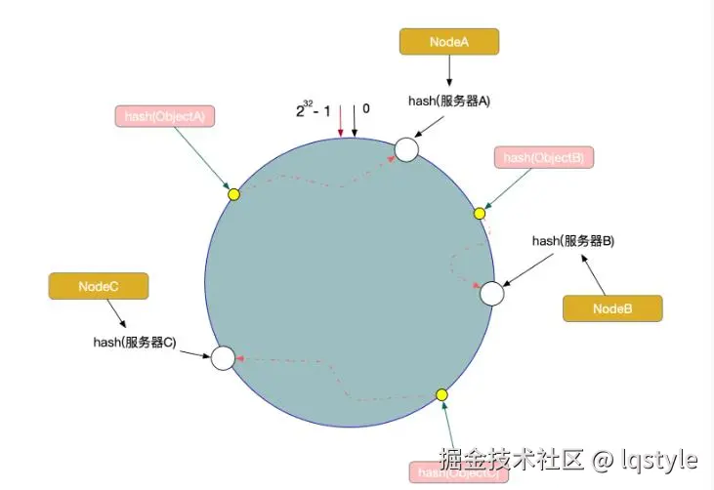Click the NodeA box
pyautogui.click(x=449, y=41)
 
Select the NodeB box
pyautogui.click(x=612, y=308)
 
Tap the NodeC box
pyautogui.click(x=99, y=286)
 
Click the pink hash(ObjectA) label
pyautogui.click(x=165, y=116)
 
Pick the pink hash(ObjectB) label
pyautogui.click(x=544, y=157)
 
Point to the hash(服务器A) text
pyautogui.click(x=448, y=101)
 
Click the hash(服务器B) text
pyautogui.click(x=572, y=240)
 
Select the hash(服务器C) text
pyautogui.click(x=135, y=342)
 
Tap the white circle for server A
pyautogui.click(x=406, y=149)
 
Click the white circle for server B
pyautogui.click(x=491, y=293)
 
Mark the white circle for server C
pyautogui.click(x=223, y=358)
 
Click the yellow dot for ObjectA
pyautogui.click(x=233, y=194)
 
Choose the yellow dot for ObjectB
pyautogui.click(x=480, y=213)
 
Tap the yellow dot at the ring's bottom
pyautogui.click(x=441, y=394)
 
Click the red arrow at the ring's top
pyautogui.click(x=340, y=122)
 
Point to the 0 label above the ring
pyautogui.click(x=366, y=108)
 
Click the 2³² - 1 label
pyautogui.click(x=314, y=111)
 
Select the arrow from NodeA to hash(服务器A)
pyautogui.click(x=449, y=71)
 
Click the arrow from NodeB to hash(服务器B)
pyautogui.click(x=595, y=275)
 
